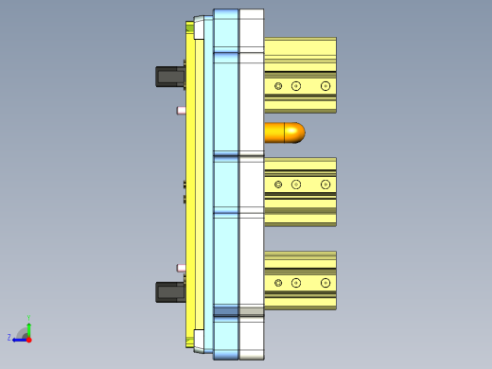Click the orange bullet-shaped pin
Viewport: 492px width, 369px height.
coord(284,132)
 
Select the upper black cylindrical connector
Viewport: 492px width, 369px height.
coord(170,76)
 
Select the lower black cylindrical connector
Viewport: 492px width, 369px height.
coord(170,291)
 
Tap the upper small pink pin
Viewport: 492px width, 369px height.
coord(181,110)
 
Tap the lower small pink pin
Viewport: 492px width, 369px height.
coord(181,268)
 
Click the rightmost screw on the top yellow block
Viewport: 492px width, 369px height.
coord(325,86)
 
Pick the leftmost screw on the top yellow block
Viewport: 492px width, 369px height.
coord(278,86)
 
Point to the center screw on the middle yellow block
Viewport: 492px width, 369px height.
coord(296,184)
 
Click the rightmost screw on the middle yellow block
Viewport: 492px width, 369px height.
coord(325,184)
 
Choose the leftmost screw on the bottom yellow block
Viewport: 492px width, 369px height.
coord(278,283)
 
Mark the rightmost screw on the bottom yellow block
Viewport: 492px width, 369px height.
coord(325,283)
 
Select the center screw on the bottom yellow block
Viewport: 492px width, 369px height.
coord(296,283)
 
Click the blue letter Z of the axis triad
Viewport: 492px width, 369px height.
coord(9,337)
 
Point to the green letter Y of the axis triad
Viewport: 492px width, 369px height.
coord(29,318)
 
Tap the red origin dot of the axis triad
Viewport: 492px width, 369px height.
coord(28,338)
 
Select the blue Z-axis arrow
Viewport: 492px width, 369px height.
coord(19,339)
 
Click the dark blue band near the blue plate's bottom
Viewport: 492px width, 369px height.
coord(226,310)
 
